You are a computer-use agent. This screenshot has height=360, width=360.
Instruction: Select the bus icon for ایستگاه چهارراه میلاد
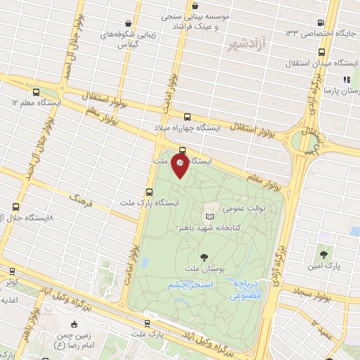187,117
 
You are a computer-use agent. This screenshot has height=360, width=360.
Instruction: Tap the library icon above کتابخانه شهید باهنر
209,215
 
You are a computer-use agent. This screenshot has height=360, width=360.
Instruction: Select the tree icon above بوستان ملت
205,257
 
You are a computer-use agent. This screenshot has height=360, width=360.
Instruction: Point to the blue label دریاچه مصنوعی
246,289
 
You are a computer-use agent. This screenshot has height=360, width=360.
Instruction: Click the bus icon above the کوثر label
12,270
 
